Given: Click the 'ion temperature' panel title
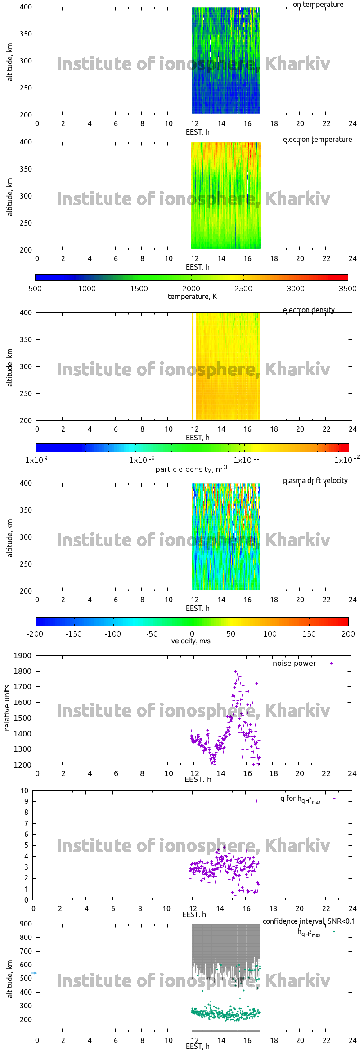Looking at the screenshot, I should point(317,5).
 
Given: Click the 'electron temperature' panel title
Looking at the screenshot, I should point(317,140).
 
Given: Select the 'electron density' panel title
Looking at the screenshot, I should point(309,310).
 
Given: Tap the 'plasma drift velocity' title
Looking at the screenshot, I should point(315,481).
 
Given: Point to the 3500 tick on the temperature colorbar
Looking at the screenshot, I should point(347,289).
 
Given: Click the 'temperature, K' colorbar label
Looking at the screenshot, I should point(192,297).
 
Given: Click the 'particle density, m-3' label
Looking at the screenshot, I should point(191,469).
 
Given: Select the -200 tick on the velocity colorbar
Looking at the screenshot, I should point(35,634).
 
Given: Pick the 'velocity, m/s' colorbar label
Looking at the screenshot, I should point(191,641).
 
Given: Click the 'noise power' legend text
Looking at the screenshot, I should point(294,664).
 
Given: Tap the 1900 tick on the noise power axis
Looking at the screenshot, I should point(23,656).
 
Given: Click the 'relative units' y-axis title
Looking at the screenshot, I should point(7,708).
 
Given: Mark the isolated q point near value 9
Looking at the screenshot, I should point(256,801).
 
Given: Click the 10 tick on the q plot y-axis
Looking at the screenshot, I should point(24,790).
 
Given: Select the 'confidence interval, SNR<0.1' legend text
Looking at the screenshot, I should point(309,921).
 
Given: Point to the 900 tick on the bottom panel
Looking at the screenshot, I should point(26,924).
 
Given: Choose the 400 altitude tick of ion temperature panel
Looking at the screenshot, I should point(26,7).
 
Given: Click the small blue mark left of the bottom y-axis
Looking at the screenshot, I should point(33,973).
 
